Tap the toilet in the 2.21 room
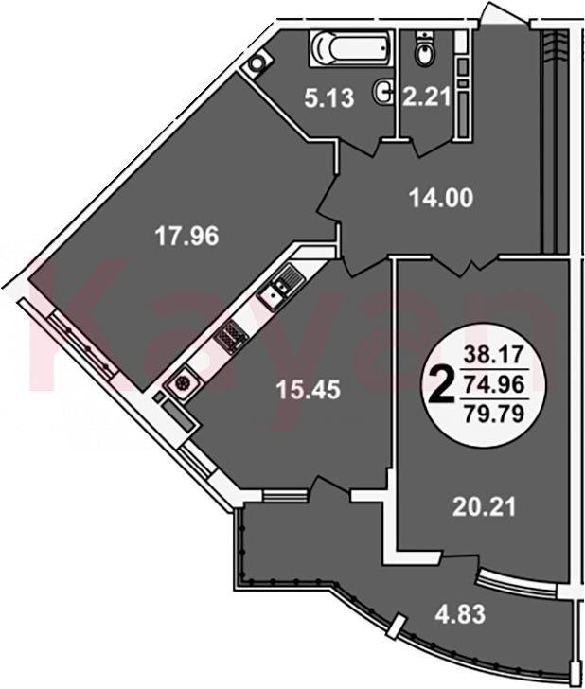click(425, 48)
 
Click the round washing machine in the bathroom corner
click(256, 62)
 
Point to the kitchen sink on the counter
click(281, 288)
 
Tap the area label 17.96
click(186, 237)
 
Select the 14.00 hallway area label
click(441, 198)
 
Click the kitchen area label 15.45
click(308, 389)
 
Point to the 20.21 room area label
click(484, 506)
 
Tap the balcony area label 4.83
click(460, 614)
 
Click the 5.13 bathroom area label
click(329, 98)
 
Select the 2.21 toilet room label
click(426, 97)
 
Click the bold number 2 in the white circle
click(441, 386)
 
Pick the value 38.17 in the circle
click(494, 354)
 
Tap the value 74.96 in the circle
click(494, 385)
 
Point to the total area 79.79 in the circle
click(494, 414)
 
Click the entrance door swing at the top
click(503, 15)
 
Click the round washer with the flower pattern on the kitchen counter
click(183, 382)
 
